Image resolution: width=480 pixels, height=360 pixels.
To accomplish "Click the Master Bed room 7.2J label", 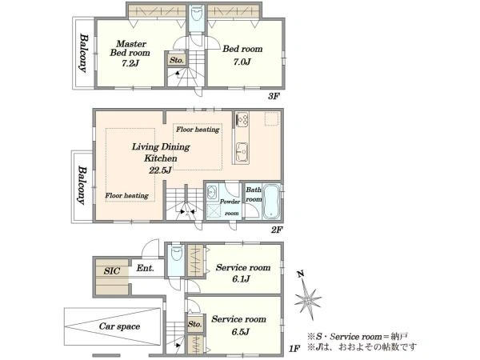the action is pos(130,54).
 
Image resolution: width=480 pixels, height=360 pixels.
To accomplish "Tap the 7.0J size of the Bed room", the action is pos(242,62).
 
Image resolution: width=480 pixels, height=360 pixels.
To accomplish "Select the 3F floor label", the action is pos(274,97).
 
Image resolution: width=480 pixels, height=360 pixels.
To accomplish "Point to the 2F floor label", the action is pos(277,230).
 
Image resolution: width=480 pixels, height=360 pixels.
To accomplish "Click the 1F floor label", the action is pos(294,348).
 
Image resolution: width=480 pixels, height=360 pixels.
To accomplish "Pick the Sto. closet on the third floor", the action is pos(177,59).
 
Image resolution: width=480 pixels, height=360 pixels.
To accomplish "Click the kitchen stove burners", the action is pos(242,119).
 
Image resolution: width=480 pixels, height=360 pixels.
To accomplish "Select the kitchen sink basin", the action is pos(242,150).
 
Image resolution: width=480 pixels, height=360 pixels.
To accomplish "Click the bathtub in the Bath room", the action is pos(271,202).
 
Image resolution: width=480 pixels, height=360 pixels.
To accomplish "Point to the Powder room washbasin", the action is pos(212,193).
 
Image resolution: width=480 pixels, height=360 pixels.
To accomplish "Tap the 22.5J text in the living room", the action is pos(160,170).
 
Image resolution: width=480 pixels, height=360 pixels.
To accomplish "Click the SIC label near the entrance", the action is pos(111,271).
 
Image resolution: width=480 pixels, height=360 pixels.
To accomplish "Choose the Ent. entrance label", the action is pos(145,269).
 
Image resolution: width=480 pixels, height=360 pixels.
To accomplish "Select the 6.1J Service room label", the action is pos(242,274).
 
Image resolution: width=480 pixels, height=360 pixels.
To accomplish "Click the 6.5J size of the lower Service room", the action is pos(240,331).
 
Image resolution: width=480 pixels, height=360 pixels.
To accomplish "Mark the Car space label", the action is pos(119,326).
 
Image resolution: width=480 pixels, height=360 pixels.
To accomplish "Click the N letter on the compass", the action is pos(302,274).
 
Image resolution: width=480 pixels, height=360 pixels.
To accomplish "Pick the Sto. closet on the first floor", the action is pos(194,324).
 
